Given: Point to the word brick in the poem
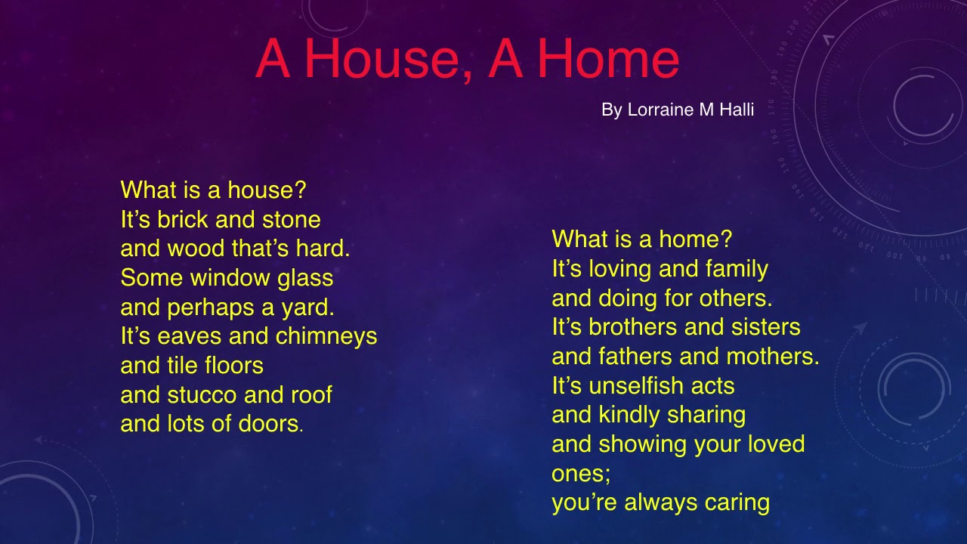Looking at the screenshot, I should [184, 220].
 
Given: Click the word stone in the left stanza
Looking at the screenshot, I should [291, 220].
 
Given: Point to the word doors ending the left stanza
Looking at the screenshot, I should [269, 424].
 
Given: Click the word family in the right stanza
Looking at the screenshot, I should [737, 269].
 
